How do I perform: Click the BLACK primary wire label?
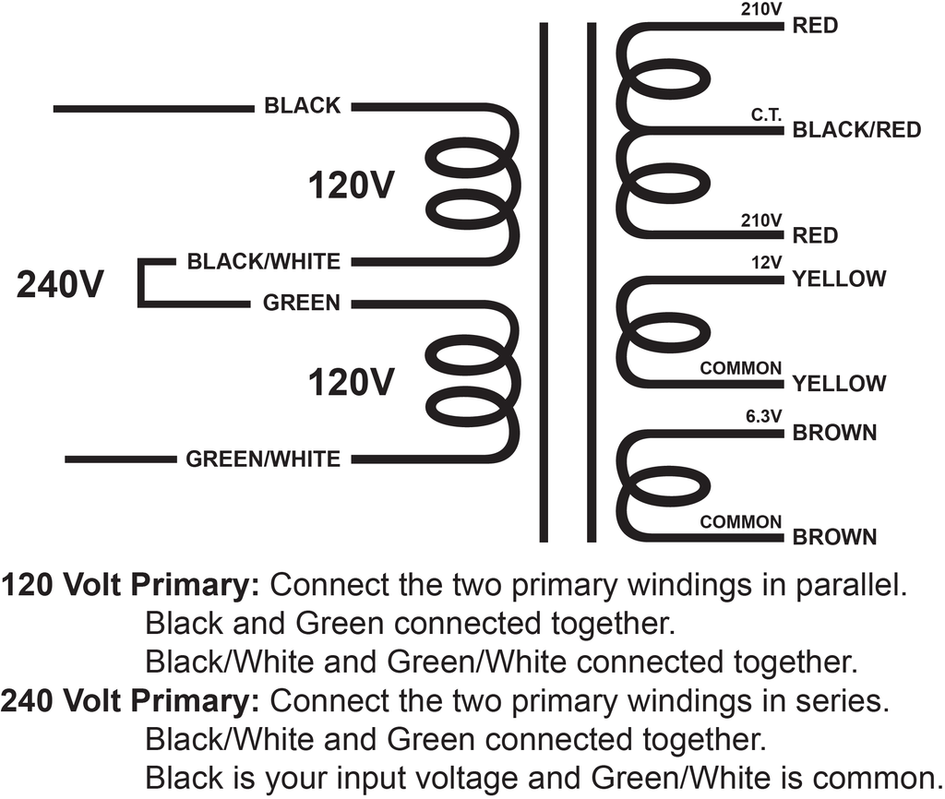point(303,105)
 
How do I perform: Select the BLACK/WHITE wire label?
point(263,261)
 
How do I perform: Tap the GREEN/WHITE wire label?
point(263,459)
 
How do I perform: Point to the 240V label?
point(60,284)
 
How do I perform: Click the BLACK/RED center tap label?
point(856,129)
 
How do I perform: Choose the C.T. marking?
point(767,114)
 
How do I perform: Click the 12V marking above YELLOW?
point(767,262)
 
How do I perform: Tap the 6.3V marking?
point(763,416)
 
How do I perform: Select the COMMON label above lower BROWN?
point(741,521)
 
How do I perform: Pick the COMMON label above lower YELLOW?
point(741,367)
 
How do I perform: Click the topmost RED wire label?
point(815,26)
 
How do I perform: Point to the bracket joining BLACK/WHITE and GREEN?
point(141,283)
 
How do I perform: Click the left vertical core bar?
point(544,282)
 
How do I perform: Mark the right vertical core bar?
point(592,282)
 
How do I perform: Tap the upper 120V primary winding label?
point(351,185)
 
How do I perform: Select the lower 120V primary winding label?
point(351,382)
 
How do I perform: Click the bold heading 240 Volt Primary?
point(130,701)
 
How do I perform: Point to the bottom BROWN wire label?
point(834,536)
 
